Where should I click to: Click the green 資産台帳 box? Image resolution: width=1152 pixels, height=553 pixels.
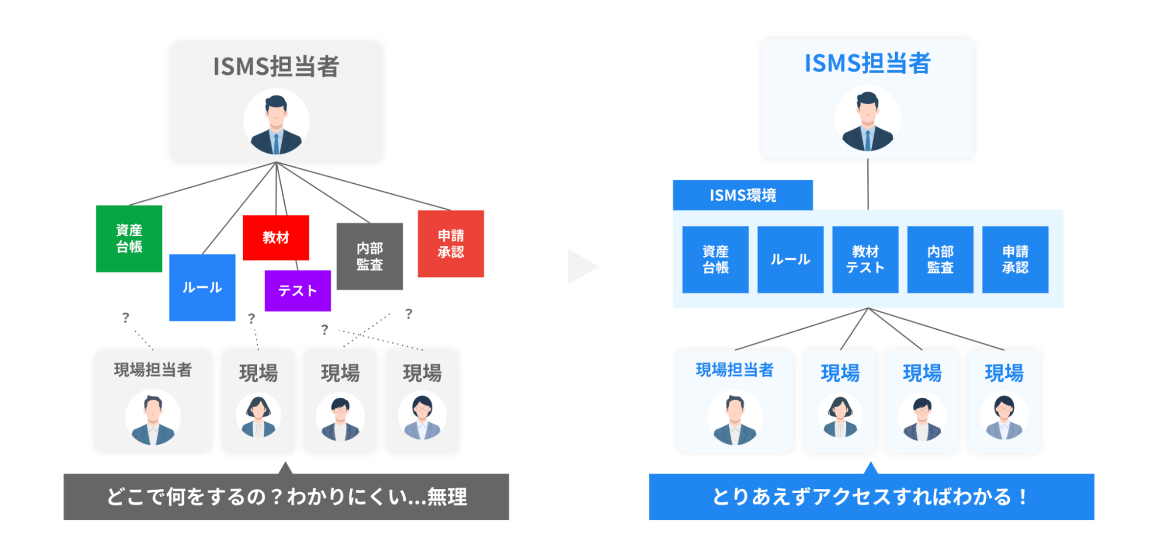pos(129,238)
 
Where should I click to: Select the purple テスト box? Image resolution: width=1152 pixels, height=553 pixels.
pos(297,291)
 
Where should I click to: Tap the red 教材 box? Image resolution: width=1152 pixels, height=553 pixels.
pos(276,237)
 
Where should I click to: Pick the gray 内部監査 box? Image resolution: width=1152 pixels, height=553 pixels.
pos(369,256)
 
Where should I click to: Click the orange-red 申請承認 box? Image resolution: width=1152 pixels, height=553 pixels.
pos(451,244)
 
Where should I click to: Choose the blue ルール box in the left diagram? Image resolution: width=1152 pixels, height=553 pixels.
pos(202,287)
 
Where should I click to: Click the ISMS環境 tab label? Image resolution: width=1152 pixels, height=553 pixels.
pos(743,195)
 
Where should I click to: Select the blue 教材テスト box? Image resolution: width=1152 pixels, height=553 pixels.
pos(865,260)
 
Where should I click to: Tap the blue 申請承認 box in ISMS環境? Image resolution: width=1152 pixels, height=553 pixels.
pos(1015,260)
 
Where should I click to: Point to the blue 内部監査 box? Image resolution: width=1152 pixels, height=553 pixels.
pos(940,260)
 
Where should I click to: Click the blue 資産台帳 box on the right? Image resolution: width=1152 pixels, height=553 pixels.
pos(715,260)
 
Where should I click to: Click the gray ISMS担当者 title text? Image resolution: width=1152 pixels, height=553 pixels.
pos(276,66)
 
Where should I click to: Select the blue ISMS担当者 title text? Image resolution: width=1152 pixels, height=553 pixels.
pos(867,63)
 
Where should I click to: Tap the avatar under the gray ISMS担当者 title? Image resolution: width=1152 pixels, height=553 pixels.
pos(276,122)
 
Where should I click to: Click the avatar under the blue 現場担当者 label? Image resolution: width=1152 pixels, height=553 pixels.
pos(735,418)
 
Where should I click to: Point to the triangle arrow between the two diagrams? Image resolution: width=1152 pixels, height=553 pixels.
pos(581,267)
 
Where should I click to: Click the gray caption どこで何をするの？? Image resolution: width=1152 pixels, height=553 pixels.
pos(286,497)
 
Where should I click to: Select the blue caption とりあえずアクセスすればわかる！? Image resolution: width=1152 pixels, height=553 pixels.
pos(871,497)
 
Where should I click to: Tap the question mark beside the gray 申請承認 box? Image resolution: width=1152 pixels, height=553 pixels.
pos(409,314)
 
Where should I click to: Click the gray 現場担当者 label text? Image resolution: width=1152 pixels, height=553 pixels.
pos(153,370)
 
